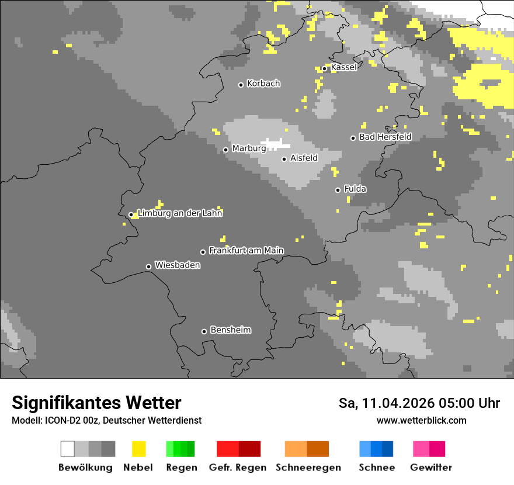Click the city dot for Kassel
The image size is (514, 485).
[x=324, y=68]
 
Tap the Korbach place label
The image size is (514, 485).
[x=263, y=84]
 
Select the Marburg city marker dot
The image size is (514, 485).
[x=225, y=150]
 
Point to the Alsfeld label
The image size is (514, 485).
[x=304, y=158]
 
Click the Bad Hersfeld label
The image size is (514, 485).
[x=385, y=137]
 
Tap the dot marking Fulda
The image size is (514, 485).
[x=338, y=190]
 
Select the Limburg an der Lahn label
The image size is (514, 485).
[x=180, y=213]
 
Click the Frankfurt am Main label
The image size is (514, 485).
[x=246, y=251]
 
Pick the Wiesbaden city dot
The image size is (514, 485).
[x=148, y=266]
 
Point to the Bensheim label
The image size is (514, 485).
[x=230, y=330]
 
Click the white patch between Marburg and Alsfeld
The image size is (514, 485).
[x=275, y=143]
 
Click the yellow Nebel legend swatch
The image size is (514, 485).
[x=138, y=449]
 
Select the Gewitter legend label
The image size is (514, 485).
[x=430, y=467]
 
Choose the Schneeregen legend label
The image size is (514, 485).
[x=308, y=467]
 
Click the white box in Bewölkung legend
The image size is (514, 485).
[x=67, y=449]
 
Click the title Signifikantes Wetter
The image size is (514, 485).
[x=96, y=403]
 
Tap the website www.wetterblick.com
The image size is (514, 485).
[x=421, y=420]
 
